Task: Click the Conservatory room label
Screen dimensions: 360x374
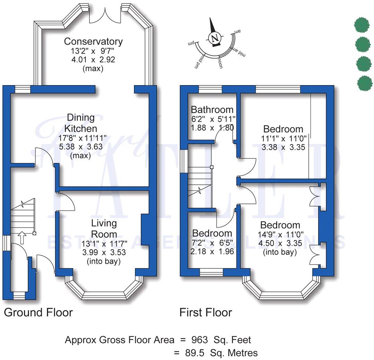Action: [x=93, y=42]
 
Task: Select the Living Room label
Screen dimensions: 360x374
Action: [x=104, y=228]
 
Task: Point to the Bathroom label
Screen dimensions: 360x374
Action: [x=212, y=110]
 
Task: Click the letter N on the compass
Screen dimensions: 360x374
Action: [x=215, y=37]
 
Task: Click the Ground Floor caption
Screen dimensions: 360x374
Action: [x=38, y=313]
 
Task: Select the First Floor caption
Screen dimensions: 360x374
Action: [x=205, y=313]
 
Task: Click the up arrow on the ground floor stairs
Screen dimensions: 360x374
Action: [x=21, y=238]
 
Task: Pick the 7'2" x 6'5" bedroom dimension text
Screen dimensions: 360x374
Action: [x=212, y=242]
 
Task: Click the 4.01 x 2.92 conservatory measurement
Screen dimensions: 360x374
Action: [x=93, y=59]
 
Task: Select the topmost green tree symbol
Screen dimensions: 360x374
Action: [x=362, y=24]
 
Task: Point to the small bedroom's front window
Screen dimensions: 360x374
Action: [x=211, y=272]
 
